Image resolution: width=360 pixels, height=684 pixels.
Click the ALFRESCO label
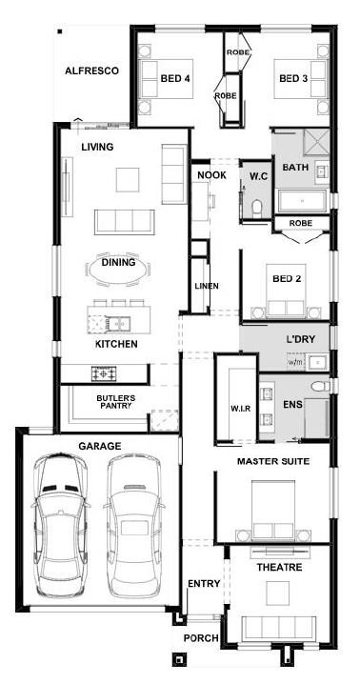pos(91,71)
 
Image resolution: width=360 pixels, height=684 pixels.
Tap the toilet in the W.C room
pos(256,208)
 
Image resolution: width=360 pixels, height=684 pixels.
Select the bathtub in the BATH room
pos(303,201)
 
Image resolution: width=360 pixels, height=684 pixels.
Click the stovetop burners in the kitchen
pos(104,373)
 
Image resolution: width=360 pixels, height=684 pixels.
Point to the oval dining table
pos(118,269)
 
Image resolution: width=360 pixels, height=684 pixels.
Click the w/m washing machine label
pos(295,362)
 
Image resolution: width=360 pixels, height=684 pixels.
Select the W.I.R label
pos(240,410)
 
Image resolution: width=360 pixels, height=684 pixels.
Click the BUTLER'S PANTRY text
pos(116,402)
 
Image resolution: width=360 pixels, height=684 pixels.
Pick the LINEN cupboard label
pos(207,286)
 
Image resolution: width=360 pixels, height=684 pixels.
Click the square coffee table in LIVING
pos(128,180)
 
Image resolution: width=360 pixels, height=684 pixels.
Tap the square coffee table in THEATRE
pos(278,593)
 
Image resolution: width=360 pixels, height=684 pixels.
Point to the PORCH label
pos(201,638)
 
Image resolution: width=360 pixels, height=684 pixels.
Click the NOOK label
pos(212,175)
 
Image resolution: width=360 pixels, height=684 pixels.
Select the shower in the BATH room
pos(316,141)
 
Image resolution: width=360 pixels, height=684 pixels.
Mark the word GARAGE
pos(99,446)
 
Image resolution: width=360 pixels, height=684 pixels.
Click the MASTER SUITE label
pos(273,461)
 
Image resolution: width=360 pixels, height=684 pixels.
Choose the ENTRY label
pos(204,584)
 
